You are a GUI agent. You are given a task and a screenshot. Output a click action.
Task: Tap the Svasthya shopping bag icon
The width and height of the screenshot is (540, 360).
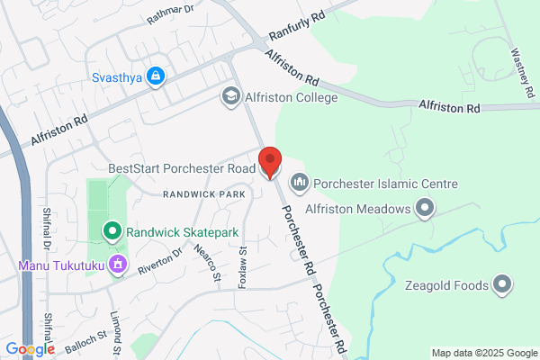pos(157,76)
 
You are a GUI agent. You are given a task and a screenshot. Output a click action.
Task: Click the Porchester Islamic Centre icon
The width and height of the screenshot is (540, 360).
pos(300,184)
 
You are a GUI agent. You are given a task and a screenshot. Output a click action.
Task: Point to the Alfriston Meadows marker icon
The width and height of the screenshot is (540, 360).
pos(424,210)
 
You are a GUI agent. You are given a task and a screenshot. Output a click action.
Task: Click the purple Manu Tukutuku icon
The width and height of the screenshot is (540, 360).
pos(116,265)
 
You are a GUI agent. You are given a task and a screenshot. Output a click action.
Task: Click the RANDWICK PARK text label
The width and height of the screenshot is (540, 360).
pos(204,194)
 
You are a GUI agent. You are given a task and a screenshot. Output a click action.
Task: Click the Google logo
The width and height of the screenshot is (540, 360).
pos(30,349)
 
